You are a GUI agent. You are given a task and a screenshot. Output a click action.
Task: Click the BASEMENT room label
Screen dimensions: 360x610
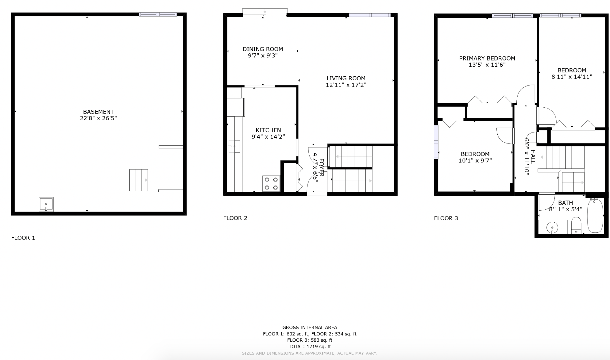tap(98, 112)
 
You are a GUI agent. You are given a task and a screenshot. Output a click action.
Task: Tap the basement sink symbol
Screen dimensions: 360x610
tap(46, 204)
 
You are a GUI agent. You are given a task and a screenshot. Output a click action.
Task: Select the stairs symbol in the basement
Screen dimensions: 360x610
tap(138, 180)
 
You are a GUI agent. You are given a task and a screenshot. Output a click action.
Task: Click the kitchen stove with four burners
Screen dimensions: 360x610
tap(271, 183)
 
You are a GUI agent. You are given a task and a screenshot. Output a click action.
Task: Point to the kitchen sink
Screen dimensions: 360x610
tap(234, 146)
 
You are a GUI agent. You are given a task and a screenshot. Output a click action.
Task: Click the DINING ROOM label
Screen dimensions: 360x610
tap(263, 49)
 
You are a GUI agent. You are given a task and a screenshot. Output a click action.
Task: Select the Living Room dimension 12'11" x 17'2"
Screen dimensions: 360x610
tap(346, 85)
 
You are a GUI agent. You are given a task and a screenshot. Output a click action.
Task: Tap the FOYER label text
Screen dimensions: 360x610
tap(321, 167)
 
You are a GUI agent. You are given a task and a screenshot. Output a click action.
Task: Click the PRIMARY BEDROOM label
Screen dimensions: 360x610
tap(487, 58)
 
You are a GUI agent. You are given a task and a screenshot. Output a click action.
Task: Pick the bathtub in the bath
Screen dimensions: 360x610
tap(595, 216)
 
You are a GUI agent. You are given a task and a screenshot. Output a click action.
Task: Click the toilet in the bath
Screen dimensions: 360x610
tap(576, 225)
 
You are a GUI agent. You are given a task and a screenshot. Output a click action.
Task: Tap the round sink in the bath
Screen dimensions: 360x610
tap(552, 228)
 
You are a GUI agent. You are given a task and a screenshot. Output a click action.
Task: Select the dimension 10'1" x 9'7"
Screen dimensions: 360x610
tap(475, 160)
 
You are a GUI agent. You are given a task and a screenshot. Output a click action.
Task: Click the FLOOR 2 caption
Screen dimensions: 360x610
tap(235, 218)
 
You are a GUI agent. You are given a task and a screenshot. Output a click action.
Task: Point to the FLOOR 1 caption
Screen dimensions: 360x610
tap(23, 238)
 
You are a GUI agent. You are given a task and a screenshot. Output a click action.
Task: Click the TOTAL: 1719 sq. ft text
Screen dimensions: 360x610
tap(309, 347)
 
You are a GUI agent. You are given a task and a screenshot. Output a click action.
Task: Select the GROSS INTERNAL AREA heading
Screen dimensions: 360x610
tap(309, 327)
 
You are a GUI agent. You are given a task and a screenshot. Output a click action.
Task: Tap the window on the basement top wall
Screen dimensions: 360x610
tap(158, 14)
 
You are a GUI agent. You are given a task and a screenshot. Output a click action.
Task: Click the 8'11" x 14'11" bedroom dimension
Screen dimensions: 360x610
tap(572, 77)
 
